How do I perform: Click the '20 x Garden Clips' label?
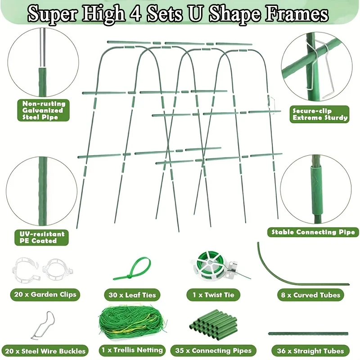(45, 295)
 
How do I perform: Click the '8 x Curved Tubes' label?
(310, 295)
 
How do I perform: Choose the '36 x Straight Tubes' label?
(310, 351)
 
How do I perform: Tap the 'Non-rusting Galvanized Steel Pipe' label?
(43, 110)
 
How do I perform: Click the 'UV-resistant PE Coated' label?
(41, 238)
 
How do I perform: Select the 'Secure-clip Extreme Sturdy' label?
(319, 114)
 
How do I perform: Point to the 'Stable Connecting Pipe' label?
(313, 232)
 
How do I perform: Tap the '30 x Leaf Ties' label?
(132, 295)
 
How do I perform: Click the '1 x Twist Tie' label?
(213, 295)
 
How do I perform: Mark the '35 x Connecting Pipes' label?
(213, 351)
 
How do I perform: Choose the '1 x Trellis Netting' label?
(132, 351)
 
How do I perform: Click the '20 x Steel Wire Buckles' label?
(45, 351)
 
